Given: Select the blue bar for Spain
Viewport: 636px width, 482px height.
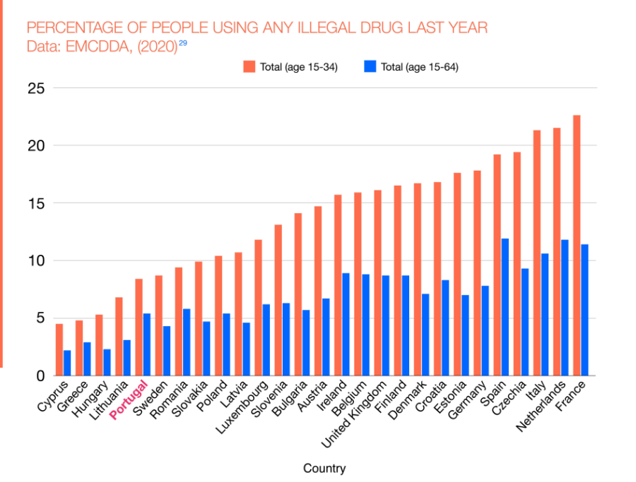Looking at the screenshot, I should [505, 307].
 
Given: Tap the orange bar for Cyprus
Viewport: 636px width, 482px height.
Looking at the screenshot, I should [59, 349].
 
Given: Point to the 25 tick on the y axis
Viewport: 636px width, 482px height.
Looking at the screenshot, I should [36, 88].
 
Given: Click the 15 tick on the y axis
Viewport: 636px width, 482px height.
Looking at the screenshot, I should [36, 203].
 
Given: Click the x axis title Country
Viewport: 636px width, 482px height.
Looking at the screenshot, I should [324, 468].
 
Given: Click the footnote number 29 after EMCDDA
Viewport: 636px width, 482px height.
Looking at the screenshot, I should [183, 44].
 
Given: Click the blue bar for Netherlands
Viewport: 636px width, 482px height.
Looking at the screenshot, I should [564, 308].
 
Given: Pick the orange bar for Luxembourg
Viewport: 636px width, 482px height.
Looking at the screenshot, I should [258, 308].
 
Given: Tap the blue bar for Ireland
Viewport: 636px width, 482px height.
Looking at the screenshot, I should [346, 325].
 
